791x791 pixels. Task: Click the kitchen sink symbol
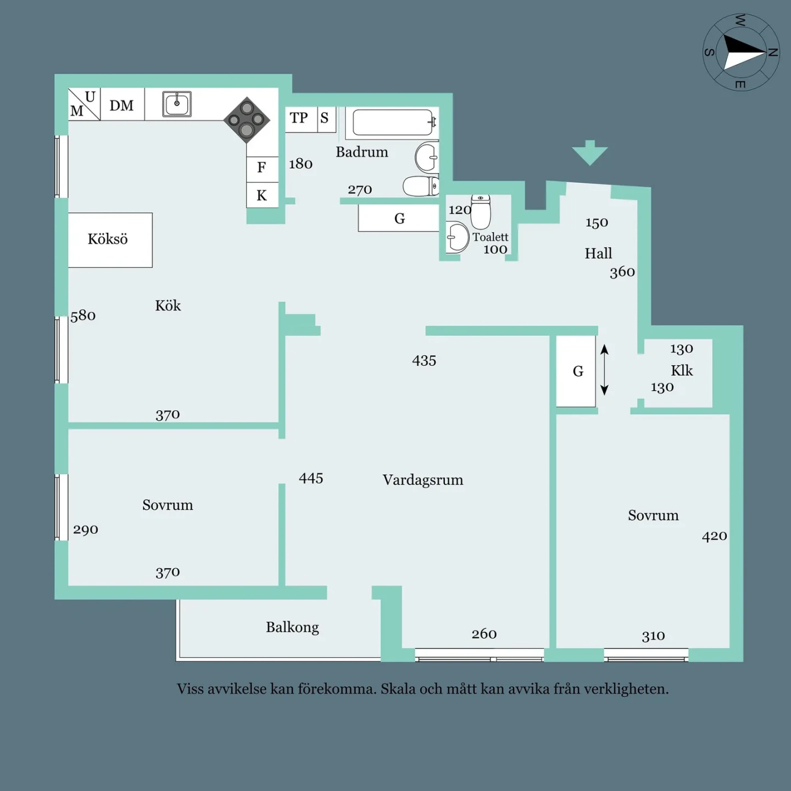(x=177, y=104)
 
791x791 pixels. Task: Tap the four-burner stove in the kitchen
(x=247, y=120)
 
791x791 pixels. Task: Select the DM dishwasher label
(x=121, y=105)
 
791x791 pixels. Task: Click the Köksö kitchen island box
(x=110, y=240)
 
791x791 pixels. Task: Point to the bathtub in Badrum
(x=393, y=122)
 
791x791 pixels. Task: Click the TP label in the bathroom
(x=298, y=118)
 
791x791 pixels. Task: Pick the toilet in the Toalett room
(x=480, y=212)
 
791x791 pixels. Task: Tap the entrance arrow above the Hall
(x=590, y=153)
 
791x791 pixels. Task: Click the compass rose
(x=741, y=52)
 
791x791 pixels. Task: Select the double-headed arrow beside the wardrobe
(x=604, y=370)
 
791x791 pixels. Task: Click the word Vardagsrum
(x=423, y=480)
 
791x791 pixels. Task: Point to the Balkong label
(x=292, y=627)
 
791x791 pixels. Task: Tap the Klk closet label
(x=682, y=371)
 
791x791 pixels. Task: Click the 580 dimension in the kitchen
(x=83, y=315)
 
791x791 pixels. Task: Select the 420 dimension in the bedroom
(x=714, y=536)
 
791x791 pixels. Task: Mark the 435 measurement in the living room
(x=424, y=360)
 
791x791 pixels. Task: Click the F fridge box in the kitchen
(x=263, y=169)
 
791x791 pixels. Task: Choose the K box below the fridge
(x=263, y=195)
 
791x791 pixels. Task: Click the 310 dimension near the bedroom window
(x=653, y=636)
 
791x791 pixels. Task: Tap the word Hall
(x=598, y=253)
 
